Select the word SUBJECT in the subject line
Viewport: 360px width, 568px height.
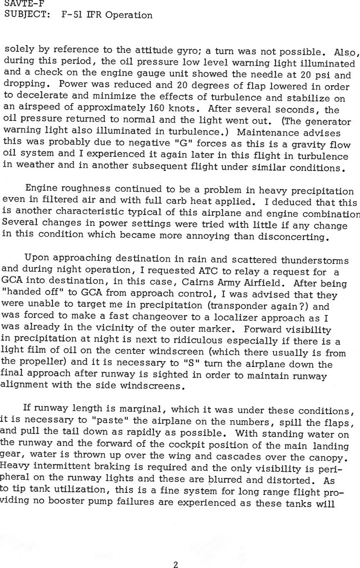pos(22,15)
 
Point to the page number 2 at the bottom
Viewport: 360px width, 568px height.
pos(176,565)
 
